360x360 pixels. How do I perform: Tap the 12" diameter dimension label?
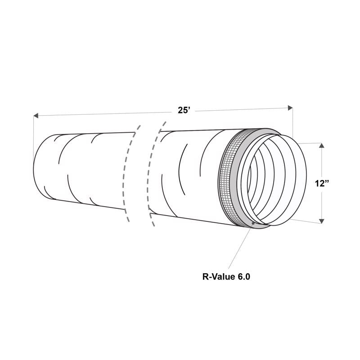point(322,183)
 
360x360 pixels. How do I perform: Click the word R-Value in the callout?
point(217,276)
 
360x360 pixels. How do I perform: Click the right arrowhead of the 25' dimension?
point(290,108)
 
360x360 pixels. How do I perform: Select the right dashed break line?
point(155,171)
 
